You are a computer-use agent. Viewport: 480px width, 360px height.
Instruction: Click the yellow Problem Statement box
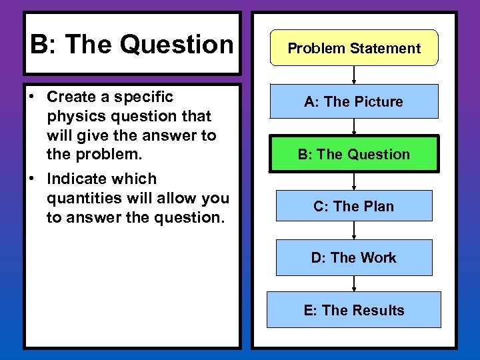(x=354, y=48)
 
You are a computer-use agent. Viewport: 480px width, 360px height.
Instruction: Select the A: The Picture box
(x=354, y=101)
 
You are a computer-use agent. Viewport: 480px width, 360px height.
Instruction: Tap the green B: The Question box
(x=354, y=154)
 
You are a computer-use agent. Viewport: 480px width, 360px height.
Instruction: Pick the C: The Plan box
(x=354, y=206)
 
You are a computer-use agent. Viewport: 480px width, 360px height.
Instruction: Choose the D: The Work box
(x=354, y=257)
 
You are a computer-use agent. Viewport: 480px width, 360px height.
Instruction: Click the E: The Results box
(x=354, y=310)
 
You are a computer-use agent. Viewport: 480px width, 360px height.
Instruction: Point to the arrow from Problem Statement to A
(x=354, y=75)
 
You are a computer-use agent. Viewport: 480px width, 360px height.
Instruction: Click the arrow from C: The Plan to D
(x=354, y=231)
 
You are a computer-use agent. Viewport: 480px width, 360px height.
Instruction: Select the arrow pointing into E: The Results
(x=354, y=283)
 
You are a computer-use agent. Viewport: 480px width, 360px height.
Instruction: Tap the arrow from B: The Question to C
(x=354, y=181)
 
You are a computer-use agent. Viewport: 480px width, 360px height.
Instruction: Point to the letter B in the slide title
(x=39, y=45)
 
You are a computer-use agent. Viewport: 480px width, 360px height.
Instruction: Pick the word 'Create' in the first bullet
(x=71, y=97)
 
